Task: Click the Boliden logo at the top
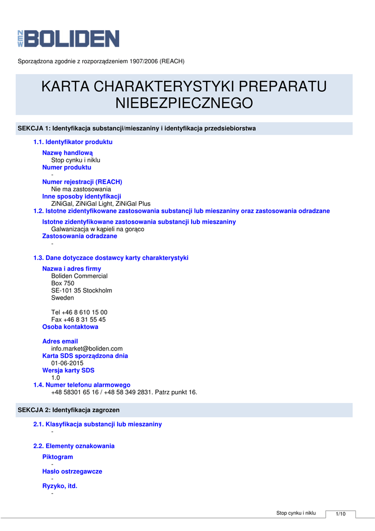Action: click(x=68, y=39)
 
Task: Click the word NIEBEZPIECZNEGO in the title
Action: click(x=184, y=103)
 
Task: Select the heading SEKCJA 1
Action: click(x=137, y=128)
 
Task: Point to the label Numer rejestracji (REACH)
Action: click(x=82, y=182)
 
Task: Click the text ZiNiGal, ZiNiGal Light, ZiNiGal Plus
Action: click(x=100, y=204)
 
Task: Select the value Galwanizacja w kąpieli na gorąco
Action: click(x=97, y=229)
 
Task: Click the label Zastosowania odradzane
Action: click(x=79, y=236)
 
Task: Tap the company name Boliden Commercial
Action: click(x=79, y=276)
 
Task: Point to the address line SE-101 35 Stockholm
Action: click(x=81, y=290)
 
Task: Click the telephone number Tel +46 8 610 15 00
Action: click(x=79, y=312)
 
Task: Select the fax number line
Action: click(x=78, y=319)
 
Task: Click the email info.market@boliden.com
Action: click(x=87, y=348)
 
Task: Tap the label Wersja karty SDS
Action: click(x=68, y=370)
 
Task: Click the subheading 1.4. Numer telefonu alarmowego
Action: click(x=82, y=385)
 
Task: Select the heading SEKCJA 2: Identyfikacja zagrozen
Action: click(x=68, y=410)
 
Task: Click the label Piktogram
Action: click(x=57, y=457)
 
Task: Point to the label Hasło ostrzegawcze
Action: click(x=72, y=471)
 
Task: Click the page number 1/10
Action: click(x=340, y=514)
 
